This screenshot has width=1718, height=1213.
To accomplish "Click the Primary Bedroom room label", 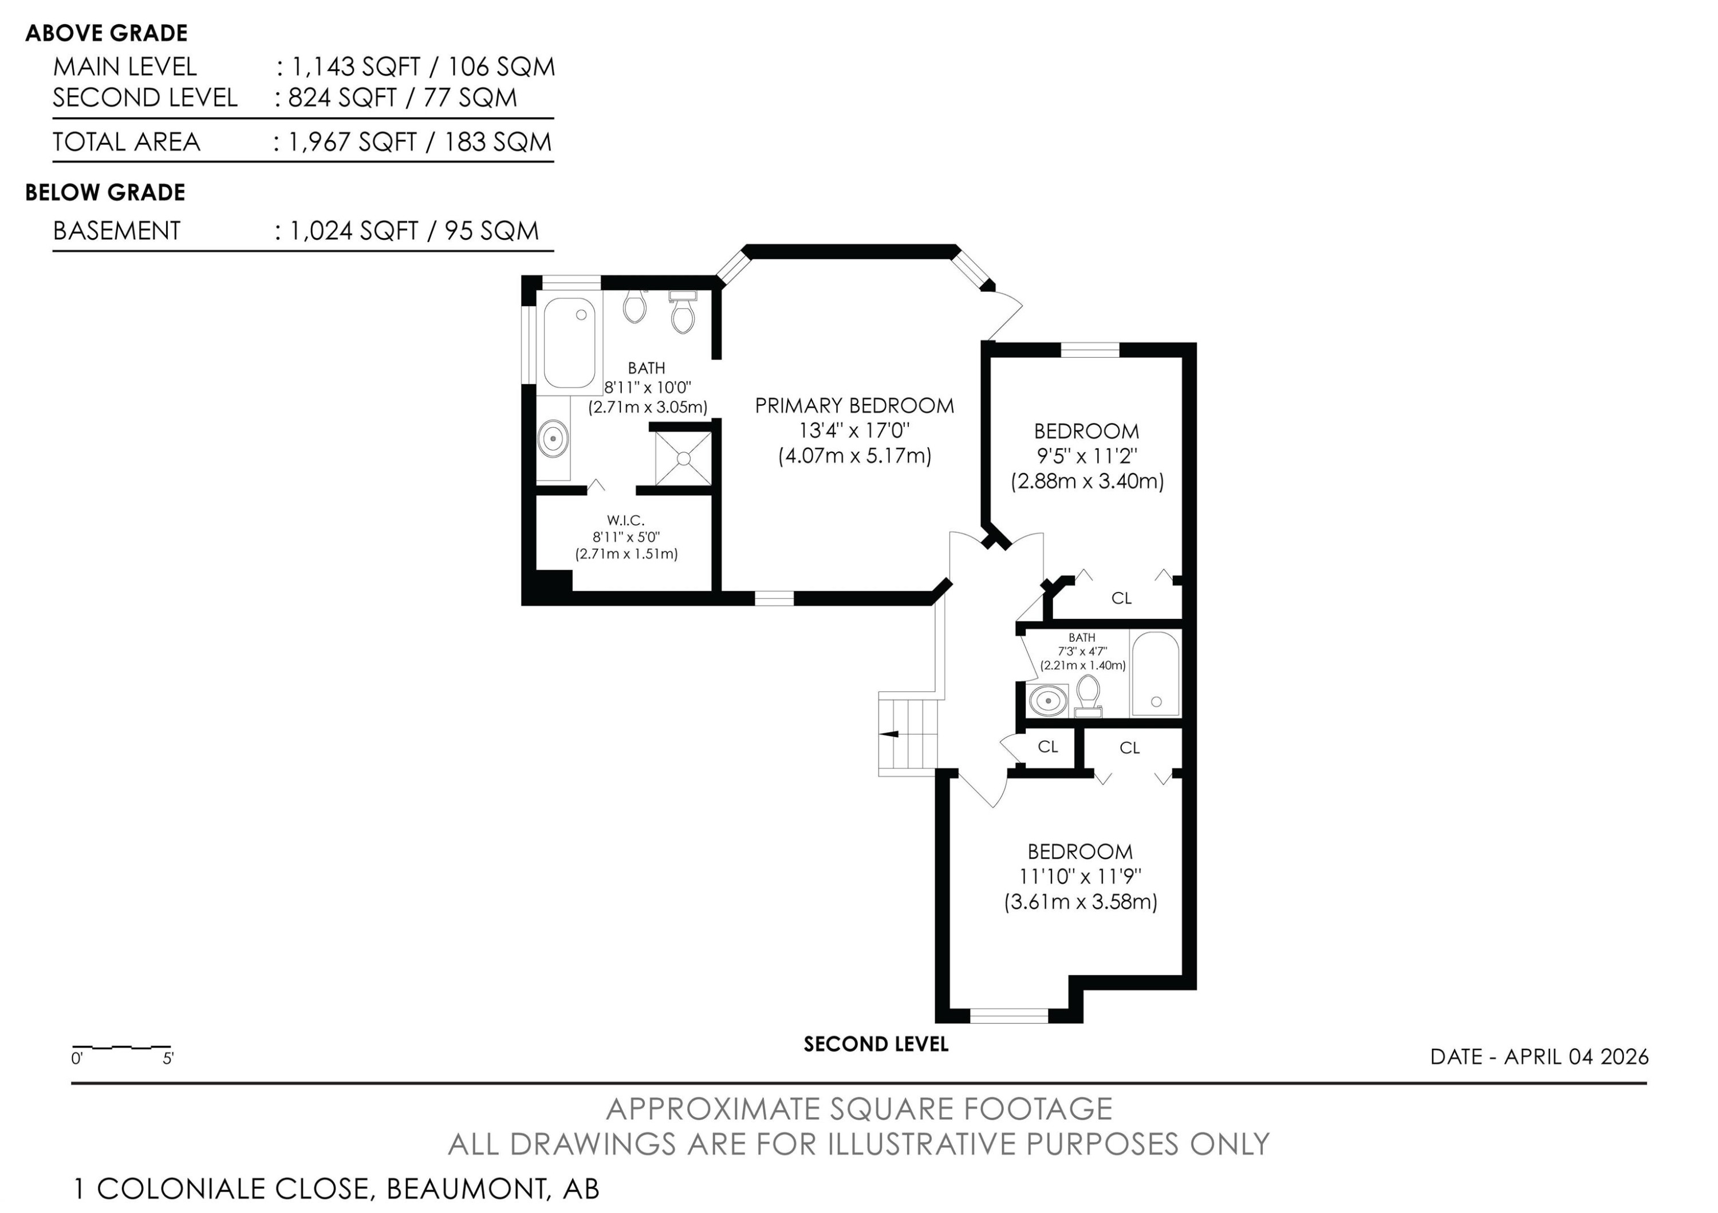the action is (854, 405).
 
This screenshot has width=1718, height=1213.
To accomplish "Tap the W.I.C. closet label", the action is (625, 520).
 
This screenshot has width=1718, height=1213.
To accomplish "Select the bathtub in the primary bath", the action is (569, 343).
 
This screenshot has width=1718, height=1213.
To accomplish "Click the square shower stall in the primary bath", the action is (683, 458).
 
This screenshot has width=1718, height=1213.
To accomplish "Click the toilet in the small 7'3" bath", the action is (1088, 696).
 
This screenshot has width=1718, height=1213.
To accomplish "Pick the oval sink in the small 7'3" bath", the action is (1047, 701).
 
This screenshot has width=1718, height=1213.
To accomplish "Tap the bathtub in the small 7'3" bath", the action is (1155, 673).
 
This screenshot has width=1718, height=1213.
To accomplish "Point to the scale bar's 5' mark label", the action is (168, 1058).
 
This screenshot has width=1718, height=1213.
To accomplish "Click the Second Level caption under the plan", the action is (876, 1044).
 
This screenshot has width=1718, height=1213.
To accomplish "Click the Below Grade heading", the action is (105, 192).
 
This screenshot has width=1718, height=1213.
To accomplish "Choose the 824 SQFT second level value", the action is (342, 97).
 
